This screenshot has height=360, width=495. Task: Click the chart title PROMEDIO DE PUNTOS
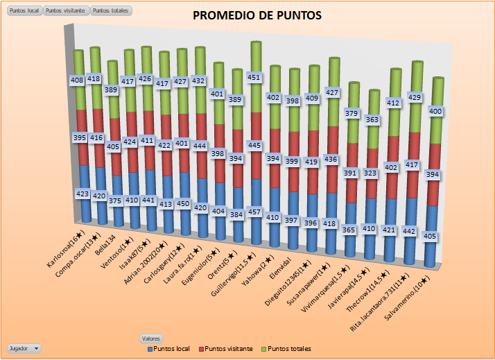[x=257, y=15]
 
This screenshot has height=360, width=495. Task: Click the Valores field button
[x=151, y=338]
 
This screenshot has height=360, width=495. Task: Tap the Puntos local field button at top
[x=23, y=11]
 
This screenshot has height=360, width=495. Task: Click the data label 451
[x=254, y=77]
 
